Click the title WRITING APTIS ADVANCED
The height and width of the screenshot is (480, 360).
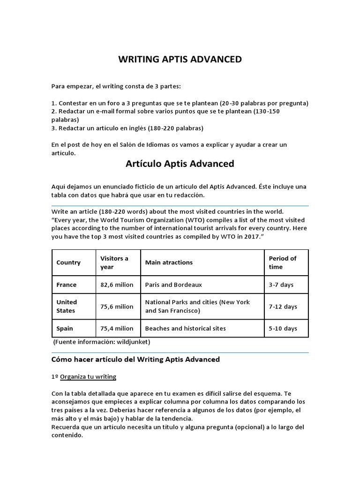[x=180, y=60]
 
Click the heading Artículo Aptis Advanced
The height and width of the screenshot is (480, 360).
[x=180, y=164]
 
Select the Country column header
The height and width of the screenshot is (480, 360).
[x=68, y=262]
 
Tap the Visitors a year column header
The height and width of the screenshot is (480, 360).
[x=114, y=262]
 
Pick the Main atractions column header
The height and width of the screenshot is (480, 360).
[x=169, y=262]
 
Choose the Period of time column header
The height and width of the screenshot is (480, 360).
[x=283, y=262]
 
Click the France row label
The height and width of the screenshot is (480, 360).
[x=67, y=285]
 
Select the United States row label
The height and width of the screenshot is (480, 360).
[x=67, y=306]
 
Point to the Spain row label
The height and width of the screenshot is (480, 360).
[x=65, y=328]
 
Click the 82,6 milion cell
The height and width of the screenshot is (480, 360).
[x=117, y=285]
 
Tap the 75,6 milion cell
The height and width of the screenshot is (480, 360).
[x=117, y=307]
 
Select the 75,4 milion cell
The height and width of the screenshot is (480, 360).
[x=117, y=328]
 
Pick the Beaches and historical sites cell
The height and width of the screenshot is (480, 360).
[x=185, y=328]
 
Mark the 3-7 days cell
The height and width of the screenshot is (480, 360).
[x=281, y=285]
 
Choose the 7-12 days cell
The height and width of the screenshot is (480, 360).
[x=283, y=307]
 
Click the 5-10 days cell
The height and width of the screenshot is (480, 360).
[x=283, y=328]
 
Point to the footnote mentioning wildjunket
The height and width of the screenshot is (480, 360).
[x=102, y=342]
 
